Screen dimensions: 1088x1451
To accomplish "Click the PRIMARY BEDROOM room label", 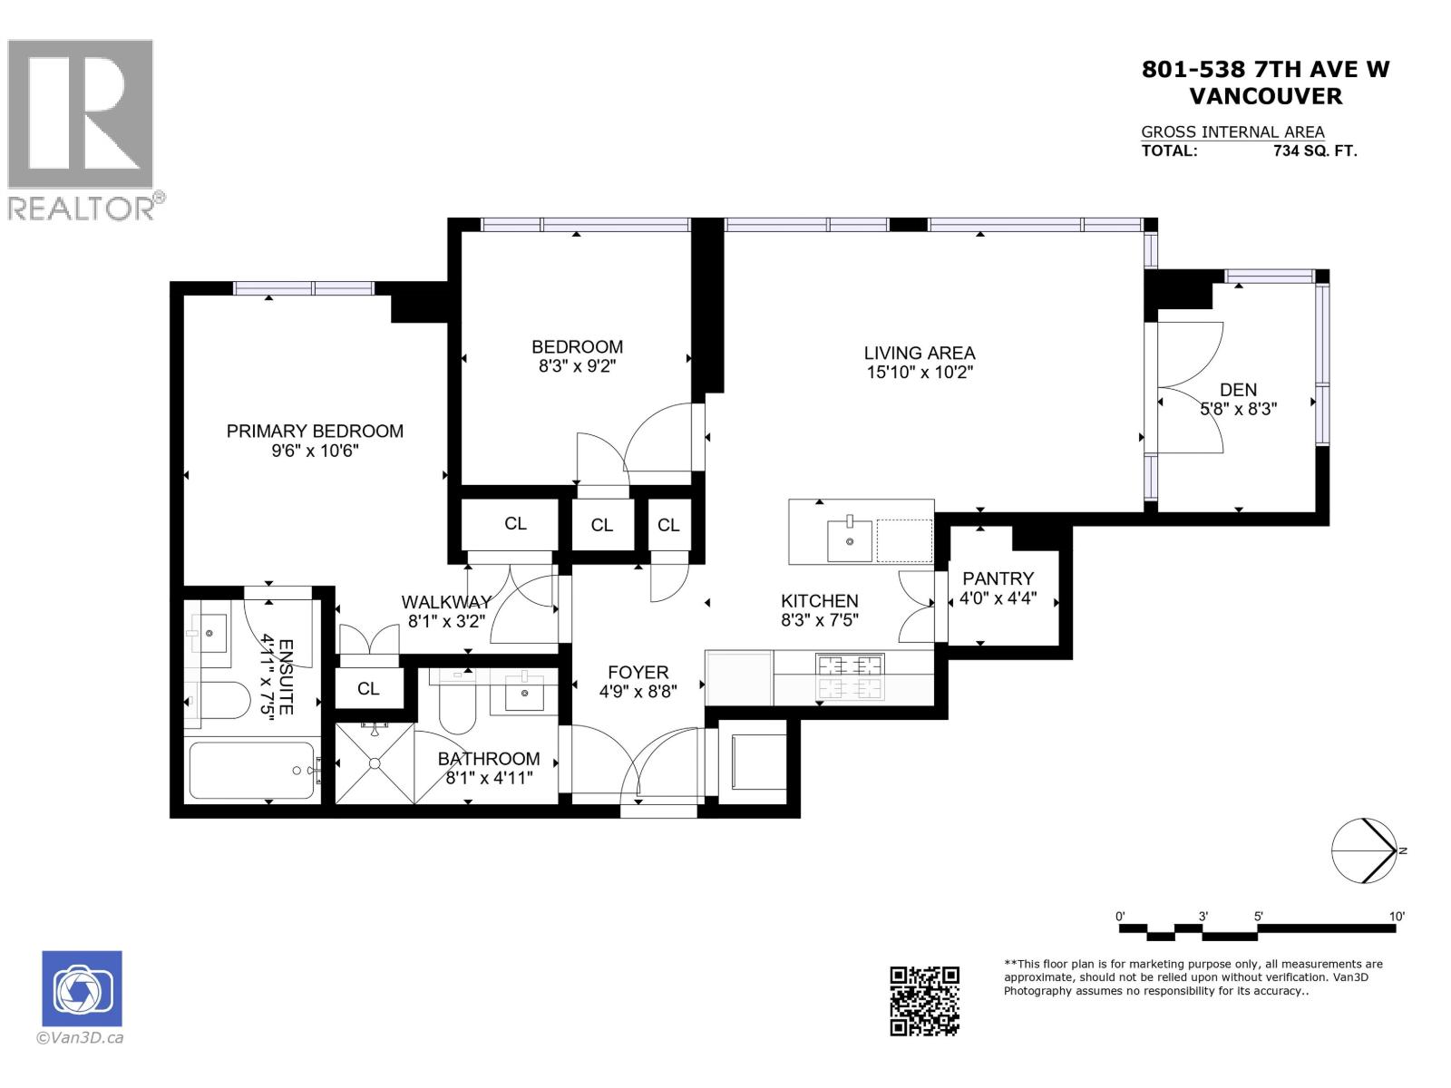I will coord(315,432).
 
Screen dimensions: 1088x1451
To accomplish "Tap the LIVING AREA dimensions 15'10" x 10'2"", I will coord(919,372).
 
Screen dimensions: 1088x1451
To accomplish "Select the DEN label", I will coord(1238,390).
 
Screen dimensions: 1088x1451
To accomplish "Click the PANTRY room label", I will coord(998,578).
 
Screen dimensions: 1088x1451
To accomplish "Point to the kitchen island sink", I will coord(850,540).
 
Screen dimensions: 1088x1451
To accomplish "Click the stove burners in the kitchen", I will coord(851,676).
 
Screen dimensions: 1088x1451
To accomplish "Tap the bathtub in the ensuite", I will coord(252,771).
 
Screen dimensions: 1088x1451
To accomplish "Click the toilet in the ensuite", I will coord(222,700).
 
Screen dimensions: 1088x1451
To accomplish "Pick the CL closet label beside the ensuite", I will coord(368,689).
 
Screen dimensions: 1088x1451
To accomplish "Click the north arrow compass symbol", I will coord(1364,850).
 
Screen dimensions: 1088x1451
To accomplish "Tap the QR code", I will coord(924,1001).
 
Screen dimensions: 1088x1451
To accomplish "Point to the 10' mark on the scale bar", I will coord(1397,917).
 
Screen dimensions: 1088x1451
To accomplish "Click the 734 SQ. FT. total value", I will coord(1315,151).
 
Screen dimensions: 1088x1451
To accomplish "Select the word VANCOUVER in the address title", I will coord(1265,96).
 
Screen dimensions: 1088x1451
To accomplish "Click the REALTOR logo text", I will coord(82,209).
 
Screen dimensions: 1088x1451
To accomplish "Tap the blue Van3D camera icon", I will coord(82,988).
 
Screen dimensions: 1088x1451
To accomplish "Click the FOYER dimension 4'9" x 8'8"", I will coord(638,692).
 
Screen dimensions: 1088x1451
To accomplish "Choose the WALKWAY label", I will coord(446,602).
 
